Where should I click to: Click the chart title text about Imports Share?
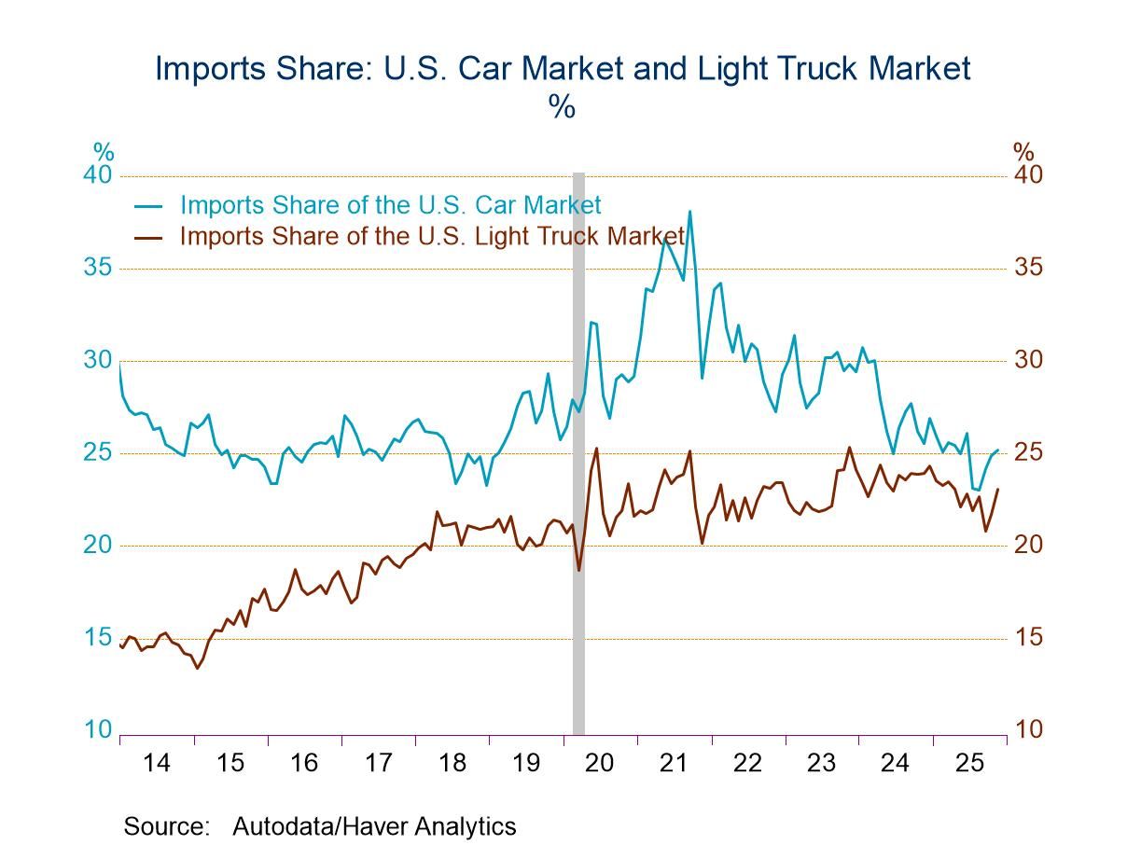[x=563, y=69]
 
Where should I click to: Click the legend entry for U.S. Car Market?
[x=390, y=205]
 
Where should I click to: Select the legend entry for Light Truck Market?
[x=432, y=236]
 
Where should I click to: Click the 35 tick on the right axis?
[x=1029, y=269]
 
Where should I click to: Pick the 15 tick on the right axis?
[x=1029, y=638]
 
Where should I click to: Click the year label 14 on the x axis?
[x=157, y=763]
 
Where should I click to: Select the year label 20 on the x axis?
[x=599, y=763]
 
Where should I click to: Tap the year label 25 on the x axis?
[x=969, y=763]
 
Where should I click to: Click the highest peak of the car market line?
[x=690, y=212]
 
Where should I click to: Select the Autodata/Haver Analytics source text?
[x=373, y=826]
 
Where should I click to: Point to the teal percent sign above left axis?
[x=103, y=151]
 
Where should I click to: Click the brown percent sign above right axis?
[x=1023, y=151]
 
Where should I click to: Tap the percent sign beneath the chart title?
[x=562, y=107]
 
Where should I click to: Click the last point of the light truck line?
[x=998, y=489]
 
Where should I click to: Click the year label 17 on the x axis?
[x=378, y=763]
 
